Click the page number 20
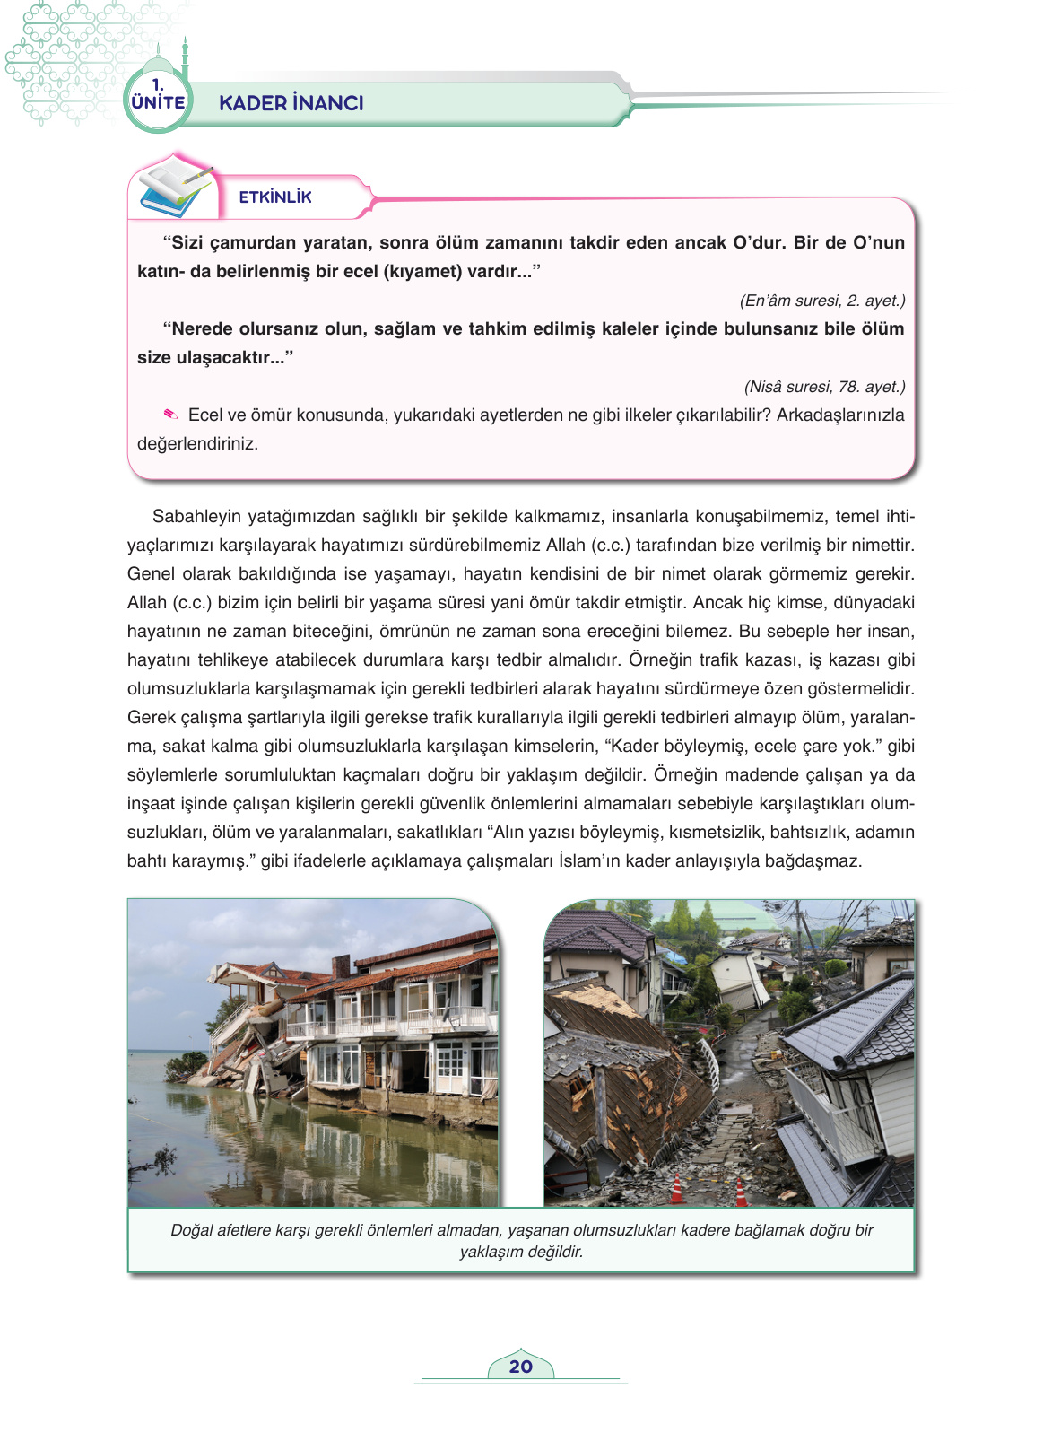coord(520,1367)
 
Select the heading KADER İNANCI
coord(291,103)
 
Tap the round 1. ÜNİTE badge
coord(158,98)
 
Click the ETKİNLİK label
coord(275,197)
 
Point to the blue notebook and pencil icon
coord(176,188)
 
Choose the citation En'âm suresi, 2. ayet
coord(821,301)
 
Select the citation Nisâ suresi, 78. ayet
coord(824,387)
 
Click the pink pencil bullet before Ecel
coord(170,415)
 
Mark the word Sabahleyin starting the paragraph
coord(197,516)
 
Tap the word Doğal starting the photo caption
coord(191,1230)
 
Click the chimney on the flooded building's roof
coord(341,965)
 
